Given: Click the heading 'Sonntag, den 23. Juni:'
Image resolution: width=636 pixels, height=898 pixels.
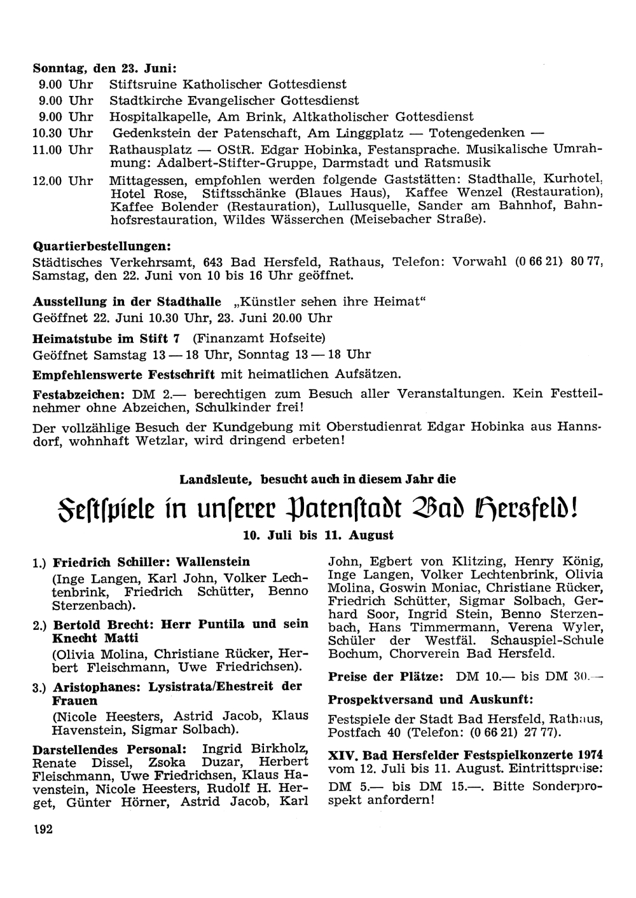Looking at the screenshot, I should [104, 68].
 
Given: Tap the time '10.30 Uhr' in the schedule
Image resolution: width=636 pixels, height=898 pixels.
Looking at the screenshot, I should [62, 133].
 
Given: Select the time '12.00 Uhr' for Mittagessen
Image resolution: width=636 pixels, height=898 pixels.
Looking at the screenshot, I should [62, 180].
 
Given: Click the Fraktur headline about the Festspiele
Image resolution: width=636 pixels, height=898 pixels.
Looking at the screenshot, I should [317, 508].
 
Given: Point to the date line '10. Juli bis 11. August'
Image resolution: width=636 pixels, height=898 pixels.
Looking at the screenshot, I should [318, 536].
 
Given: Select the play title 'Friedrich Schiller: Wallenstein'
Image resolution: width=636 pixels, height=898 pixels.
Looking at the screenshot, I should [151, 562].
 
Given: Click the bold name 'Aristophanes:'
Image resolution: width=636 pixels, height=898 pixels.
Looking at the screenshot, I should [97, 687].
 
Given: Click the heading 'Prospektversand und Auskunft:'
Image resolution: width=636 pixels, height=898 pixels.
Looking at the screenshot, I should [431, 700].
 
